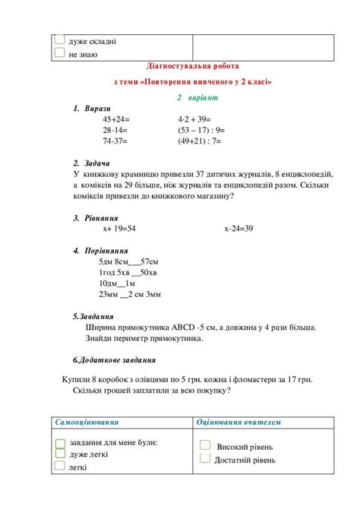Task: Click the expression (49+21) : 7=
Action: [199, 141]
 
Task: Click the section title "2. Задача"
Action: [92, 163]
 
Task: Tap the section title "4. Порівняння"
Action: [101, 250]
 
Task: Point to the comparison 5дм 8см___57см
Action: [127, 261]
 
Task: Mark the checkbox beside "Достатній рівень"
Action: [204, 458]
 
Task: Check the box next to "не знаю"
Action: [59, 53]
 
